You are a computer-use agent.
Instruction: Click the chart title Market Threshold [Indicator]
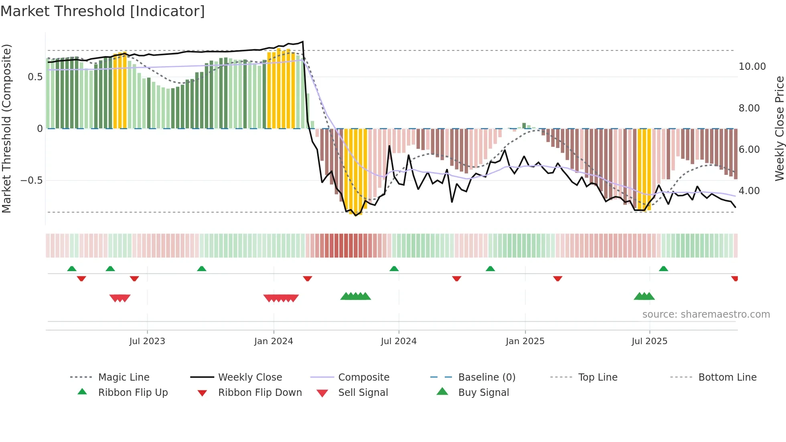pos(103,11)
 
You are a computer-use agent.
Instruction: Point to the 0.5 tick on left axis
pos(35,77)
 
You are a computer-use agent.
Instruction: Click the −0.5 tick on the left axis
pos(32,180)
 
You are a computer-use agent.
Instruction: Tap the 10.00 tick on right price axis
pos(752,67)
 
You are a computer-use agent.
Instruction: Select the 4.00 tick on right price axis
pos(749,191)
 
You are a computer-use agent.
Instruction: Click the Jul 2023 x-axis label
pos(147,341)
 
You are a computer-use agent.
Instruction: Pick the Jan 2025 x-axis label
pos(525,341)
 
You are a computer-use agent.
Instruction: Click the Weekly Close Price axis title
pos(779,128)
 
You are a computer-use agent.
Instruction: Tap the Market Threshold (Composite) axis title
pos(6,128)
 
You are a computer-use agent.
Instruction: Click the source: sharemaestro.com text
pos(706,314)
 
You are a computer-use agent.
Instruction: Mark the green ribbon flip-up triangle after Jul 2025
pos(663,269)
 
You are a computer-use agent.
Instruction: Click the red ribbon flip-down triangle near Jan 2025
pos(557,278)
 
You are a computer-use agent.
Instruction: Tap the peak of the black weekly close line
pos(303,42)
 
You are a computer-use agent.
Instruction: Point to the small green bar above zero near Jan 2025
pos(524,126)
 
